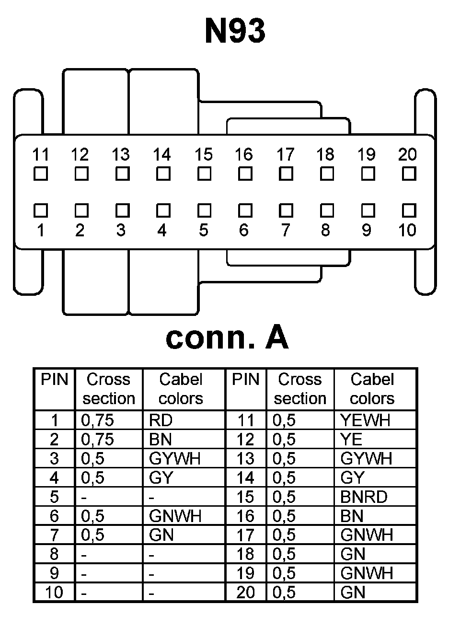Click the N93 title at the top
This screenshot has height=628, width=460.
tap(235, 31)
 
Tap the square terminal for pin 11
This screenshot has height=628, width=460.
tap(41, 174)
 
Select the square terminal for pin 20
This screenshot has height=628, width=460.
tap(409, 174)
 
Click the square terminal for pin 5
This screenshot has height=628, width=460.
tap(205, 210)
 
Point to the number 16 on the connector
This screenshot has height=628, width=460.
tap(243, 154)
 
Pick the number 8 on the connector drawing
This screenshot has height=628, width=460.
tap(326, 231)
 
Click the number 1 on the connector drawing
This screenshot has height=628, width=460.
tap(41, 231)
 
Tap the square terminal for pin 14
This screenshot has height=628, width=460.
tap(163, 174)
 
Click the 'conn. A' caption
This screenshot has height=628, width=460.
tap(227, 337)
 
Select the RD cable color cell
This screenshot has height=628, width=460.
tap(161, 420)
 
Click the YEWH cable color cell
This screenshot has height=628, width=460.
tap(365, 420)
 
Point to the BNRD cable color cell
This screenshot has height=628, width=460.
tap(364, 497)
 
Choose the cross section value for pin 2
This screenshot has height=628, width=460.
tap(97, 440)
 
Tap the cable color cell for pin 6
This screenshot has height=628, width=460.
tap(175, 516)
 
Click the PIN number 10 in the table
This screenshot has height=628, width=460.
tap(54, 593)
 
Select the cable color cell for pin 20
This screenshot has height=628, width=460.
tap(353, 593)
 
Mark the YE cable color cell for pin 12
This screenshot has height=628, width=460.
tap(351, 440)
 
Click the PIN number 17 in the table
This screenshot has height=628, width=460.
tap(245, 535)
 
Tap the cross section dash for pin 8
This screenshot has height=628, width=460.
tap(84, 555)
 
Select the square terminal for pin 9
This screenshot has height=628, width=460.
tap(368, 210)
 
